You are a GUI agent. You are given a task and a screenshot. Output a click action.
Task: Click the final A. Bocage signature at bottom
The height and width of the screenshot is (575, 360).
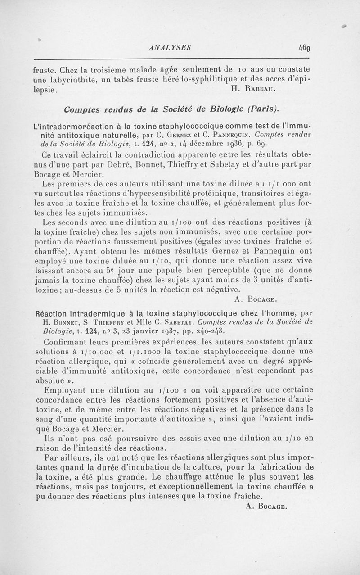point(267,506)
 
